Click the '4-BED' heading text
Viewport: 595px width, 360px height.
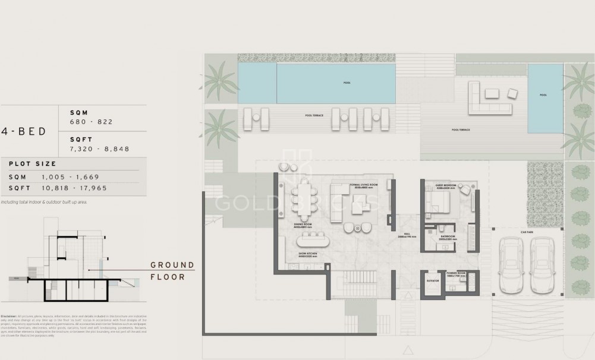coord(24,132)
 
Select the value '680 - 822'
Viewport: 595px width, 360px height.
coord(91,122)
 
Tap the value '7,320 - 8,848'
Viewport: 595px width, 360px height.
coord(99,149)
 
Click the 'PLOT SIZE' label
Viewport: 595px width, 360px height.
coord(33,164)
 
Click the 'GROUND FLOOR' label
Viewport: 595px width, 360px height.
coord(172,271)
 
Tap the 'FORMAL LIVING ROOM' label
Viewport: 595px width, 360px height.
coord(363,185)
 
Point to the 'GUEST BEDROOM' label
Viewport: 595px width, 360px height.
coord(445,185)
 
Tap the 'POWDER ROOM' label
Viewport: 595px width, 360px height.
coord(457,274)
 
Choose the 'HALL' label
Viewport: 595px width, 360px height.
coord(407,235)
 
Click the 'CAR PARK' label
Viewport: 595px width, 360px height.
coord(527,231)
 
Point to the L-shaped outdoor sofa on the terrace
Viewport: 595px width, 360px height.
coord(483,99)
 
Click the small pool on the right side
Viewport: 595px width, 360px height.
coord(545,97)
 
